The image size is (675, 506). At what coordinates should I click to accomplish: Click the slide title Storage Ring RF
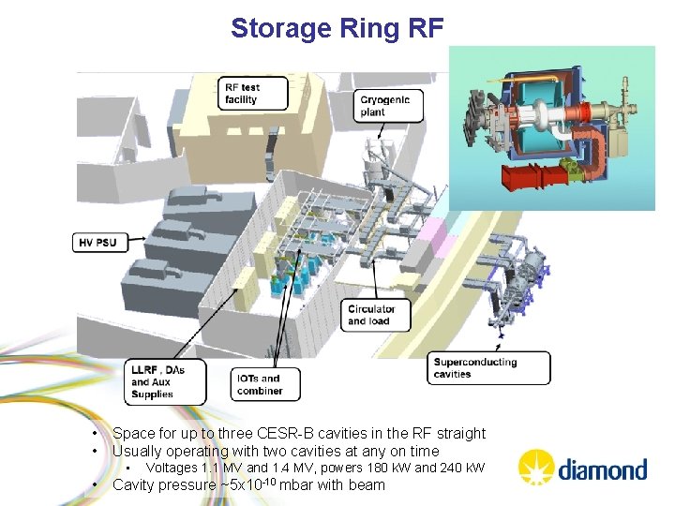[337, 28]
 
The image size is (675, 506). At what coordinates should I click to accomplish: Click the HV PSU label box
[97, 242]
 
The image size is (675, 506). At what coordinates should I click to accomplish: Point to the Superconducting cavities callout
[487, 367]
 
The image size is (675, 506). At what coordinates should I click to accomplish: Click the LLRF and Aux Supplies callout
[164, 381]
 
